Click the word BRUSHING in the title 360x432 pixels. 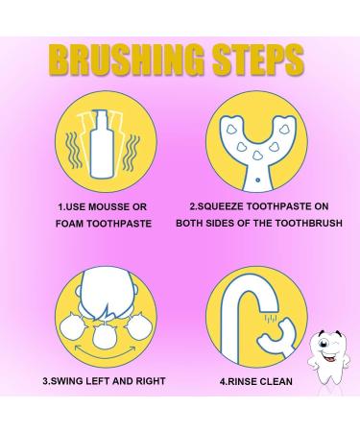127,60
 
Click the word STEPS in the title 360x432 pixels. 257,60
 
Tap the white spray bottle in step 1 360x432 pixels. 103,145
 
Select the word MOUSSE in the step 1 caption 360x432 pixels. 108,207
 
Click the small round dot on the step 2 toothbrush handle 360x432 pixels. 257,180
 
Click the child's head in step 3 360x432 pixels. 106,295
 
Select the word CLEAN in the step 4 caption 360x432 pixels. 276,381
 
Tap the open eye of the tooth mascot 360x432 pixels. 324,344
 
